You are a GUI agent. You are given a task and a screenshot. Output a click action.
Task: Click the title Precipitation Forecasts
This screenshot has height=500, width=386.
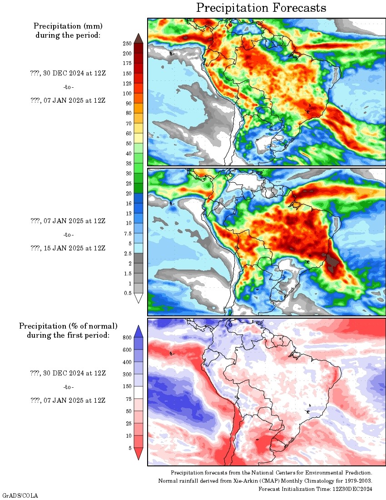tap(261, 8)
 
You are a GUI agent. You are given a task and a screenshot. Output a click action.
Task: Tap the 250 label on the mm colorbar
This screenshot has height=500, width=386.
tap(127, 44)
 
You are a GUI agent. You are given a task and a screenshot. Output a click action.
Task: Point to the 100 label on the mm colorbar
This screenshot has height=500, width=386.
tap(127, 94)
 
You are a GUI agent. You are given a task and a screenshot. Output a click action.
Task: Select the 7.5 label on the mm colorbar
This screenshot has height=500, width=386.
tap(128, 234)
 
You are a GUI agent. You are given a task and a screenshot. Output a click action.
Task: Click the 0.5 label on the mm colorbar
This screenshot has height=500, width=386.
tap(128, 293)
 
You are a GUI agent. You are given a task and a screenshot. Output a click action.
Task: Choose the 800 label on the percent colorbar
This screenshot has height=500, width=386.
tap(127, 338)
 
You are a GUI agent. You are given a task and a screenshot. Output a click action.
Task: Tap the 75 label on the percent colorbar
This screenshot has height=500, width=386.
tap(129, 399)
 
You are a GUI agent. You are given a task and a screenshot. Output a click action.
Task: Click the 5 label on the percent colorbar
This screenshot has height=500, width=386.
tap(130, 448)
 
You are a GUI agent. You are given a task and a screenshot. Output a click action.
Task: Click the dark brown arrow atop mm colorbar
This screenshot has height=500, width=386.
tap(139, 38)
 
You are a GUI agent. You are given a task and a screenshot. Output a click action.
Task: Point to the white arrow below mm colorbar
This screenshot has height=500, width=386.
tap(139, 298)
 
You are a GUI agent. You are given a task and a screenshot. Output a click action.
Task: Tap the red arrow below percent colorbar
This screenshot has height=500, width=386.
tap(139, 454)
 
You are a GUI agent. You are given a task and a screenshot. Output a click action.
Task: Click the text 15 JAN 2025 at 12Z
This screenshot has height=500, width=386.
tap(74, 248)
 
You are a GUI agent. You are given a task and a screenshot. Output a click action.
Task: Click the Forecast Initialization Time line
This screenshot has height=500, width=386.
tap(315, 489)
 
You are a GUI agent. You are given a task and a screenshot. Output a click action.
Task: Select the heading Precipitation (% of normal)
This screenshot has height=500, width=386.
tap(68, 326)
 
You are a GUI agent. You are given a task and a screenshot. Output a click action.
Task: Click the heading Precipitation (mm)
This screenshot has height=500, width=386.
tap(68, 26)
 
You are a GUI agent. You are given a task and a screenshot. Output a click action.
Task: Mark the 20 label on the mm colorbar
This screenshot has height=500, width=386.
tap(129, 193)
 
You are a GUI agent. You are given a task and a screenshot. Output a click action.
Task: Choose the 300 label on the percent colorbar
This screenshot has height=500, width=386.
tap(127, 375)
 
